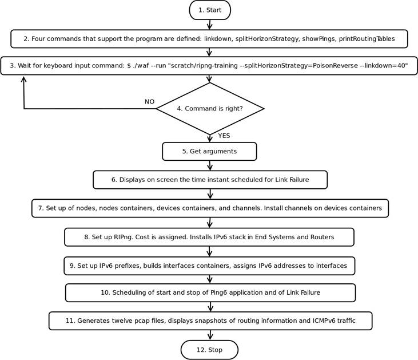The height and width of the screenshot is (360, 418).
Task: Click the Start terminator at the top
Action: pyautogui.click(x=209, y=10)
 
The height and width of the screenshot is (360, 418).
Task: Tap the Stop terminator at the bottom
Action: pyautogui.click(x=209, y=350)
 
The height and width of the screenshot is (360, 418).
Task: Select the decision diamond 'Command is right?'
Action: pyautogui.click(x=209, y=108)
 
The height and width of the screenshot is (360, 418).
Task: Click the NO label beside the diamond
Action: pyautogui.click(x=149, y=102)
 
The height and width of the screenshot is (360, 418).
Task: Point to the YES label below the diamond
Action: pyautogui.click(x=224, y=136)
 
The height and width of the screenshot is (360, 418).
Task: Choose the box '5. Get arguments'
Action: pyautogui.click(x=209, y=152)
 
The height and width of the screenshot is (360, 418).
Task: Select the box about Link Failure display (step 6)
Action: pyautogui.click(x=210, y=180)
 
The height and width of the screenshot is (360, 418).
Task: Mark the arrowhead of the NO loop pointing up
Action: pyautogui.click(x=23, y=81)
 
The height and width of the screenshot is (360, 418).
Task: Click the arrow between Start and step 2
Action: pyautogui.click(x=209, y=25)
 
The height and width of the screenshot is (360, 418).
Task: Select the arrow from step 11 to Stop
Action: pyautogui.click(x=209, y=335)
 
